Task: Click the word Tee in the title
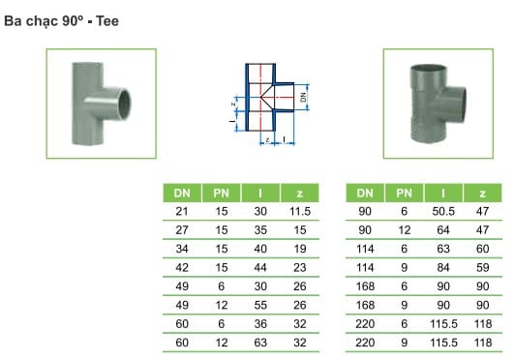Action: [x=107, y=21]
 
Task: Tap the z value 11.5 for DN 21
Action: [x=300, y=212]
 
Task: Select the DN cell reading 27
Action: [x=182, y=230]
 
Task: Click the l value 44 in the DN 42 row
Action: [x=260, y=268]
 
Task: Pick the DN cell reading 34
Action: [x=182, y=249]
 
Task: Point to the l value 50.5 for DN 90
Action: [x=443, y=212]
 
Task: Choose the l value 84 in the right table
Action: [x=443, y=268]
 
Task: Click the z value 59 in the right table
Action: [x=482, y=268]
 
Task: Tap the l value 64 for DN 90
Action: [x=443, y=230]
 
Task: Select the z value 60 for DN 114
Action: [x=482, y=249]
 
